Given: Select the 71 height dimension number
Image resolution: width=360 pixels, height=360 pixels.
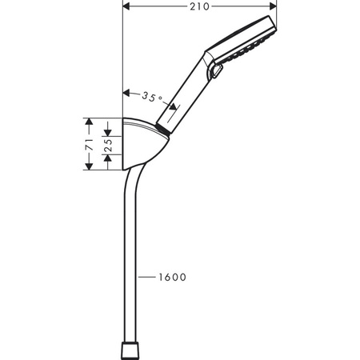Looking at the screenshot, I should click(91, 145).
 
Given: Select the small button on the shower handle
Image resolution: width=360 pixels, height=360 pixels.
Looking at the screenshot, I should click(214, 75).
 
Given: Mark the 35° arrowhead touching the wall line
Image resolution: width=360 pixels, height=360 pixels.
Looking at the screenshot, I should click(126, 90).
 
